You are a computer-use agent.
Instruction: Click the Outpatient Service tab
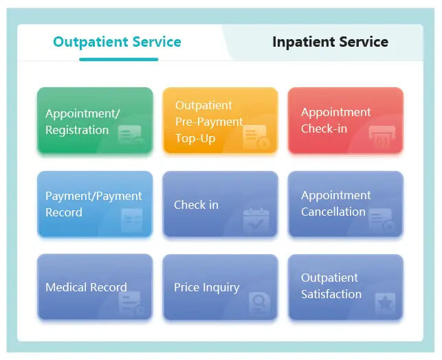tap(117, 42)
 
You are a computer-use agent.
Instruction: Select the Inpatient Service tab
tap(330, 42)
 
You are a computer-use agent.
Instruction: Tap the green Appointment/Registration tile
tap(95, 120)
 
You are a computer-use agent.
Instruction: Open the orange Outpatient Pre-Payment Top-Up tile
tap(220, 120)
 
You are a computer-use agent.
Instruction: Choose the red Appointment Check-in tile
tap(345, 120)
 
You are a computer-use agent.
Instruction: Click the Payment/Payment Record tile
tap(95, 204)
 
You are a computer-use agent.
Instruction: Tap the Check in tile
tap(220, 204)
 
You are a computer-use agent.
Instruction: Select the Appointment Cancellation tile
tap(345, 204)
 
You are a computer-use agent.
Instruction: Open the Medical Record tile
tap(95, 287)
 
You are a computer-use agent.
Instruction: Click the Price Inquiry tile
tap(220, 287)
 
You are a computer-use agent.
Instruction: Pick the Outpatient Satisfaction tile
tap(345, 287)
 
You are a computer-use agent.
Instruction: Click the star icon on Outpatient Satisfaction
tap(385, 303)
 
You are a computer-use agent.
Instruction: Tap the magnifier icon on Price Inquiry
tap(260, 303)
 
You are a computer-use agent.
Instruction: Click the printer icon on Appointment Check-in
tap(382, 136)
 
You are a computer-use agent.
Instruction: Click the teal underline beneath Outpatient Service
tap(118, 60)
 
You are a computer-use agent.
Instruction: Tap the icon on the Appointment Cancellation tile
tap(382, 220)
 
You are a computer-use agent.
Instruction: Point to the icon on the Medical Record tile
tap(132, 303)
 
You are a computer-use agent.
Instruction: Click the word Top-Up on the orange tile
tap(195, 138)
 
